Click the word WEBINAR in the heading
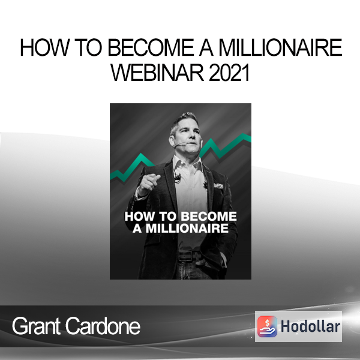click(157, 73)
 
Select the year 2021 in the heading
click(229, 73)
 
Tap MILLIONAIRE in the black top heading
click(280, 47)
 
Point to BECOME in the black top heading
click(151, 47)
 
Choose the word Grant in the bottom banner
click(36, 326)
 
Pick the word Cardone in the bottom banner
click(103, 326)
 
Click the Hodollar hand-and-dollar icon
click(267, 326)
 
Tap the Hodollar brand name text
click(310, 326)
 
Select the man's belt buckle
click(185, 256)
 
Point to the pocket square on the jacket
click(218, 185)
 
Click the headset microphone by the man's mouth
click(179, 145)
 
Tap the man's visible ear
click(172, 140)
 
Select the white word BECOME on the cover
click(209, 217)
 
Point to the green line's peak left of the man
click(141, 155)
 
